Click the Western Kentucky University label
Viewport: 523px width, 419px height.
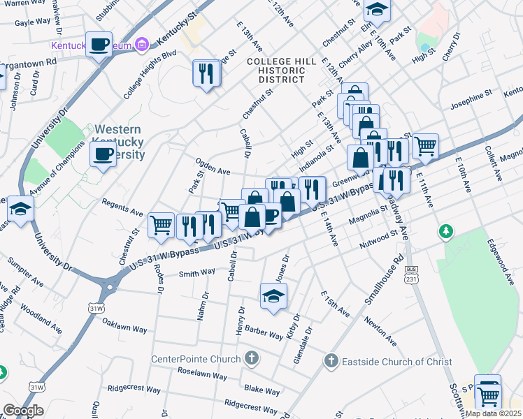(119, 142)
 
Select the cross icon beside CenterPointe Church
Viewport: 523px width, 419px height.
(252, 359)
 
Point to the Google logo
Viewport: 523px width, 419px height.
(23, 411)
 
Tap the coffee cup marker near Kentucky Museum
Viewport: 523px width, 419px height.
(99, 44)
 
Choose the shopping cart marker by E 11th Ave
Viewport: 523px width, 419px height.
(425, 146)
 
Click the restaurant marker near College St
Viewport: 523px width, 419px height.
(206, 73)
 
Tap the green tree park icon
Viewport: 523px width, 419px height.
(445, 230)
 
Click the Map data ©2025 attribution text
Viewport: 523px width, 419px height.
(494, 413)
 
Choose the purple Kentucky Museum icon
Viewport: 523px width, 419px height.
(142, 46)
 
